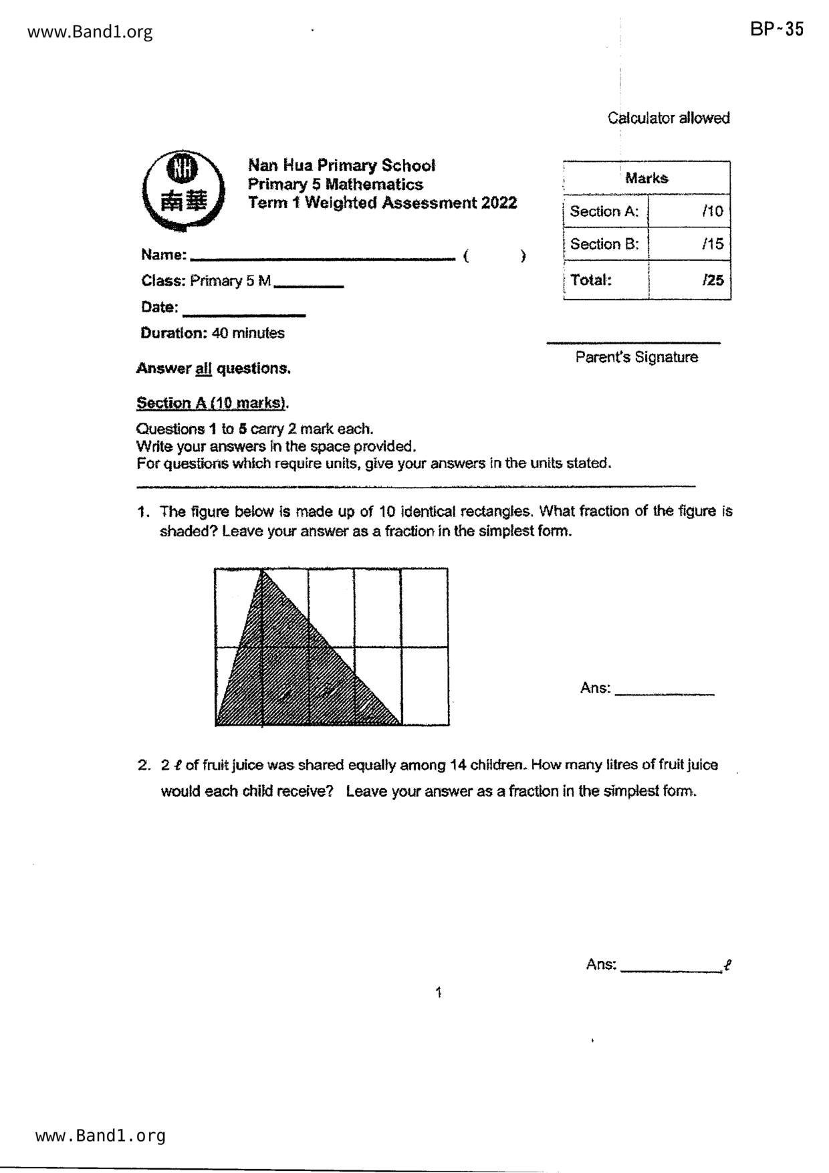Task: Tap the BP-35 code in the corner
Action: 776,29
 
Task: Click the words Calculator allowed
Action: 669,118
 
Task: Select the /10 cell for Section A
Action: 689,211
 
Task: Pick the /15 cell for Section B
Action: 689,244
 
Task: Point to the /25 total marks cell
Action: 689,280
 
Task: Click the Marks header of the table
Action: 646,178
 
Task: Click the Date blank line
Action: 243,313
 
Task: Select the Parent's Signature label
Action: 636,357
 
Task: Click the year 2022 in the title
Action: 499,203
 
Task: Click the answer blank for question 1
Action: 664,692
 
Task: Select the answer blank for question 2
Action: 671,968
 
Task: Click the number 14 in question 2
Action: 458,765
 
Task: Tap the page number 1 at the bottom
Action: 439,992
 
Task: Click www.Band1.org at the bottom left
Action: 100,1136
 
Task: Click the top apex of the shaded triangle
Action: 261,570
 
